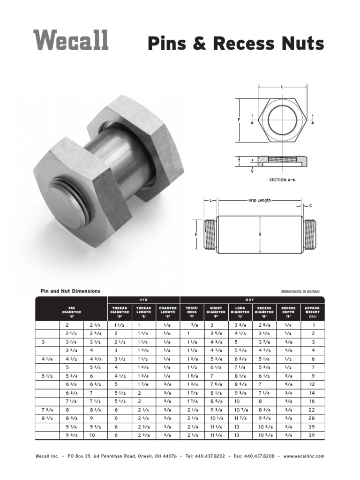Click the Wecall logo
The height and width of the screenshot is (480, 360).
pos(71,40)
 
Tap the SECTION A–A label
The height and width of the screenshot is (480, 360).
pos(282,180)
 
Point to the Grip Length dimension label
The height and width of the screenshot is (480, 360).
pos(259,200)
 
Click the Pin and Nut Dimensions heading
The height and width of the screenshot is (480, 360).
pos(70,291)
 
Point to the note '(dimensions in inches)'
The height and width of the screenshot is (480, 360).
pos(300,292)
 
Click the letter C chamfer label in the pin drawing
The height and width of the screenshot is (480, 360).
pos(310,206)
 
